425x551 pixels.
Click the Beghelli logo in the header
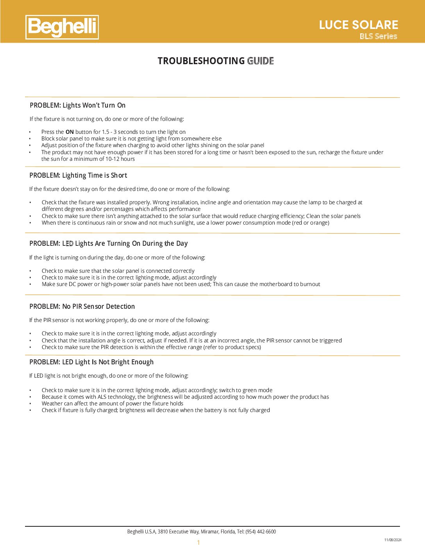[62, 27]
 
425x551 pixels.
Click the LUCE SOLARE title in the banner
[358, 25]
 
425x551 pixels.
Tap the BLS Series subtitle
[378, 36]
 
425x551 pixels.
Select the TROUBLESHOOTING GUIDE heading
[215, 61]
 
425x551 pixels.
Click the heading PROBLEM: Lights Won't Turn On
[77, 105]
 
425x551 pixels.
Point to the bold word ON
[70, 132]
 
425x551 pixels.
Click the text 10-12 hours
[120, 159]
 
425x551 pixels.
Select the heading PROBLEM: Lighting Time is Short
[78, 175]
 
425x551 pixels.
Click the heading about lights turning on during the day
[108, 243]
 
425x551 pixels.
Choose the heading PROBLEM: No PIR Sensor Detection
[82, 306]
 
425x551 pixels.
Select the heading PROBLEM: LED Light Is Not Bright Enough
[91, 362]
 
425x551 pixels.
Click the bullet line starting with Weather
[112, 403]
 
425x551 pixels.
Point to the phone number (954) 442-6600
[261, 531]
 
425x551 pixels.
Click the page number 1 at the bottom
[198, 542]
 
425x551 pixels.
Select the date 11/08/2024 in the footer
[393, 540]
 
